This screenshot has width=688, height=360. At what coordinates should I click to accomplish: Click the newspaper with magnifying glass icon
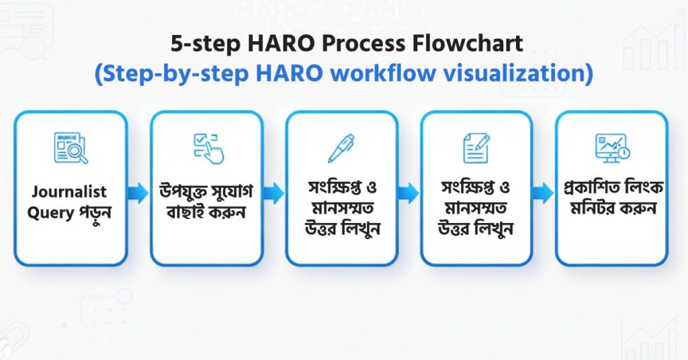point(71,148)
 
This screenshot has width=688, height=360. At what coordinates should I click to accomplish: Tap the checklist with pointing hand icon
point(207,148)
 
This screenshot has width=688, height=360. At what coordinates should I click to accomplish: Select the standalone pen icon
point(341,148)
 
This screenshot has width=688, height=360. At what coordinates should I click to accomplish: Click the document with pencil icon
point(476,148)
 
